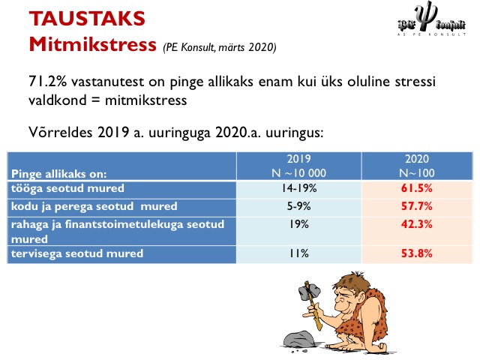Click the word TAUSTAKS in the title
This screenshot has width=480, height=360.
point(87,18)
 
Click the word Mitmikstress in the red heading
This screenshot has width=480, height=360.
point(92,45)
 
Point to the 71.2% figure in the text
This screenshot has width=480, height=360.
point(47,82)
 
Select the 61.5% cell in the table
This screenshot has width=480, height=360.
point(417,188)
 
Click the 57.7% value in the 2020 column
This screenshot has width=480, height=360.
point(417,206)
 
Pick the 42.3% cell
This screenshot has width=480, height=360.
point(417,224)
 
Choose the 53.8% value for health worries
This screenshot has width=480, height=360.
point(417,253)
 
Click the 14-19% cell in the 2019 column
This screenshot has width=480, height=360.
point(299,188)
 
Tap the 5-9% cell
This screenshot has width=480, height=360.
point(298,206)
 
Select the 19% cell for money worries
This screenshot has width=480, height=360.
point(299,224)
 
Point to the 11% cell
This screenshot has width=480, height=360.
point(299,253)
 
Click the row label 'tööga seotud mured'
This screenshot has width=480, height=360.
point(67,188)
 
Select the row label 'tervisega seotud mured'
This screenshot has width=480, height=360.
point(77,253)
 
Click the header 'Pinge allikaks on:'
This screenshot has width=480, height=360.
point(58,174)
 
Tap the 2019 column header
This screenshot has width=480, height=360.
point(298,159)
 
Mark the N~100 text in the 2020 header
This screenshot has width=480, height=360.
point(417,173)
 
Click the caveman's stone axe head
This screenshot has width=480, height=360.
point(309,291)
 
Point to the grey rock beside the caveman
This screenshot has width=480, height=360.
point(298,339)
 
